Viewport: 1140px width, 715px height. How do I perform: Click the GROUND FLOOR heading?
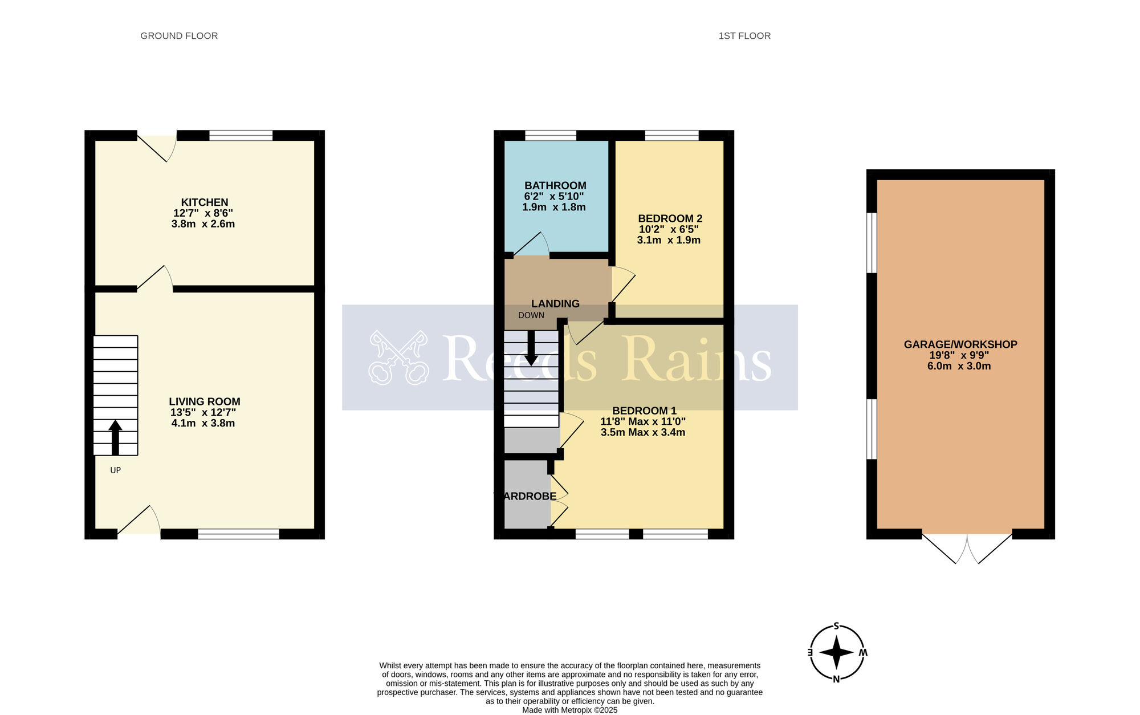pos(179,36)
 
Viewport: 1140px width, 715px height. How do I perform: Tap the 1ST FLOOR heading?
pos(744,36)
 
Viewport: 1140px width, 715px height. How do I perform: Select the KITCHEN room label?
pos(205,202)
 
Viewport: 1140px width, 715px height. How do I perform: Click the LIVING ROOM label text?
pos(205,401)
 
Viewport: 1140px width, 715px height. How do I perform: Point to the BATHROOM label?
pos(555,186)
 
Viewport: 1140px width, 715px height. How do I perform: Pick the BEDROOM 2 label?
pos(670,218)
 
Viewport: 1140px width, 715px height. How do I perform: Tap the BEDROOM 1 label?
pos(644,411)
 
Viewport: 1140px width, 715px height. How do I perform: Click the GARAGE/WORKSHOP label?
pos(960,344)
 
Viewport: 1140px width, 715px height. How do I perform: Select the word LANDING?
pos(555,304)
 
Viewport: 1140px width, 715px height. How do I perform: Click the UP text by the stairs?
pos(116,470)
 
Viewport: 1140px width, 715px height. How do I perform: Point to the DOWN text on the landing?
pos(531,315)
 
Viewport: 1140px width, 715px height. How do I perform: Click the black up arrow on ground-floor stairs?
pos(115,437)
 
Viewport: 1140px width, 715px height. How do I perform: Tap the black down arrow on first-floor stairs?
pos(531,348)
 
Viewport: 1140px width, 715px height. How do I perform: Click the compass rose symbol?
pos(836,652)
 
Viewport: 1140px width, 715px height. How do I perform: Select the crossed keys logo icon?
pos(398,357)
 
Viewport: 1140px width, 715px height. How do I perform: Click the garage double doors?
pos(967,548)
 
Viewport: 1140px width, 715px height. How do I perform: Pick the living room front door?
pos(139,520)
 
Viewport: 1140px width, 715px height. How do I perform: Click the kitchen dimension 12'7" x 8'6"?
pos(203,213)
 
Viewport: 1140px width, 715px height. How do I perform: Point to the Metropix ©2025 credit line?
pos(570,710)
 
